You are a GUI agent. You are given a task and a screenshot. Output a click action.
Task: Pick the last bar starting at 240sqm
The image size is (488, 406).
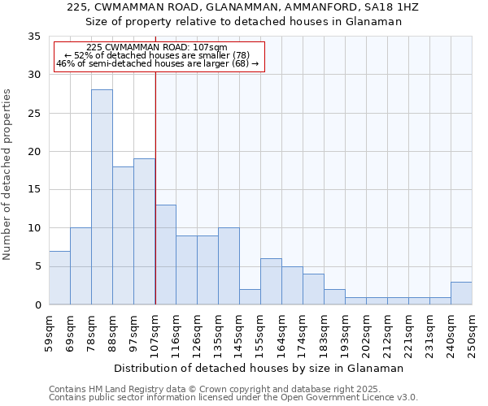[x=461, y=293]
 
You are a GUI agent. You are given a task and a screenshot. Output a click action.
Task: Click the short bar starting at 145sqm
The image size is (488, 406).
[x=250, y=297]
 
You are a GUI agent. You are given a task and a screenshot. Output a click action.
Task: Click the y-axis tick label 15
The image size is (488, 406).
[x=34, y=190]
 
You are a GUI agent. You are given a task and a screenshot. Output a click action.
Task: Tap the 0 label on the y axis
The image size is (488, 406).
[x=37, y=305]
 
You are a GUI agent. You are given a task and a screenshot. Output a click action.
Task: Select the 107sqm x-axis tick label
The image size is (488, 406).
[x=155, y=334]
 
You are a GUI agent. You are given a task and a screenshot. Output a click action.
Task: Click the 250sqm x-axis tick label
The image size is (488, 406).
[x=472, y=334]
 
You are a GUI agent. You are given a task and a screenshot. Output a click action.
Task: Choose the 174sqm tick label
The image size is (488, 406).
[x=303, y=334]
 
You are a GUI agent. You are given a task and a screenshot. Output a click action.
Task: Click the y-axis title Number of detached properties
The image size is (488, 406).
[x=8, y=175]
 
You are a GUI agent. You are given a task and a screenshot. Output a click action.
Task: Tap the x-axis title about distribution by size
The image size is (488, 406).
[x=258, y=368]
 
